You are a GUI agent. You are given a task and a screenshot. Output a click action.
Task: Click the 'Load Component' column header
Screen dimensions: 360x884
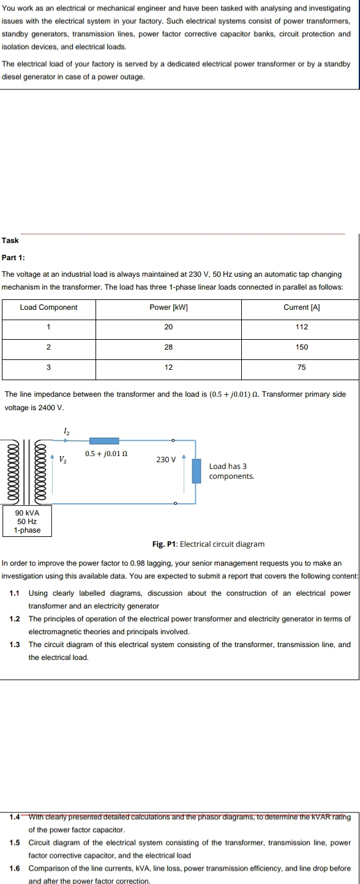(48, 307)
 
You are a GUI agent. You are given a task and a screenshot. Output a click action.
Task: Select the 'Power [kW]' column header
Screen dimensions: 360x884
(168, 307)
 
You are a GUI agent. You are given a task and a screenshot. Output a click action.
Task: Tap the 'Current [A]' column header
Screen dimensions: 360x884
(300, 307)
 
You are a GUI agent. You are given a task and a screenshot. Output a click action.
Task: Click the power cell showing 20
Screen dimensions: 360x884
(168, 327)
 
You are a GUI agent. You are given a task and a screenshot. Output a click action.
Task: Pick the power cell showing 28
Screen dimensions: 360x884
(168, 347)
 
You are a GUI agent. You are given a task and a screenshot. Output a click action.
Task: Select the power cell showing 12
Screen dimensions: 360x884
(168, 367)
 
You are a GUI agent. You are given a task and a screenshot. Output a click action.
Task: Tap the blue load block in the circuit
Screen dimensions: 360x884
(197, 471)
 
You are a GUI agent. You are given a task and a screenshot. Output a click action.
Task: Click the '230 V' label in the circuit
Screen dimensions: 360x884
(166, 459)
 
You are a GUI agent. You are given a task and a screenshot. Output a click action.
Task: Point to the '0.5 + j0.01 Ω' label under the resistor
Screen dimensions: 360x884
(107, 454)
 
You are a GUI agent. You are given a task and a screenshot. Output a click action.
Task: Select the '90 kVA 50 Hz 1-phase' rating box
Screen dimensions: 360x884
(27, 521)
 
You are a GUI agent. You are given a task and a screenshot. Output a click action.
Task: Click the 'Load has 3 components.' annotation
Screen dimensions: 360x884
(231, 471)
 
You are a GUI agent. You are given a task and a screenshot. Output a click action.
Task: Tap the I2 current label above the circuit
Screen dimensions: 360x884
(66, 432)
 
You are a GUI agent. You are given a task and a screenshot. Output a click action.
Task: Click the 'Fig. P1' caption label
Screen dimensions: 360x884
(164, 544)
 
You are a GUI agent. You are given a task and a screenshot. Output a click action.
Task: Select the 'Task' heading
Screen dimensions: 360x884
(10, 240)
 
